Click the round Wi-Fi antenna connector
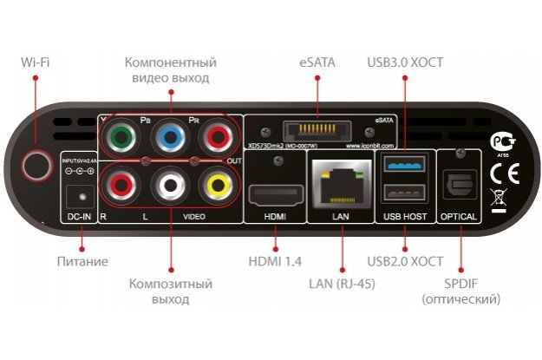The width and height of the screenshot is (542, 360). pos(36,165)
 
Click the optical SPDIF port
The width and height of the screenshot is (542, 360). pos(458,185)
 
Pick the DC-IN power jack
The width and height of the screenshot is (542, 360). pos(82,194)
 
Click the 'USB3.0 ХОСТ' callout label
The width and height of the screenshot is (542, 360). pos(405,62)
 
